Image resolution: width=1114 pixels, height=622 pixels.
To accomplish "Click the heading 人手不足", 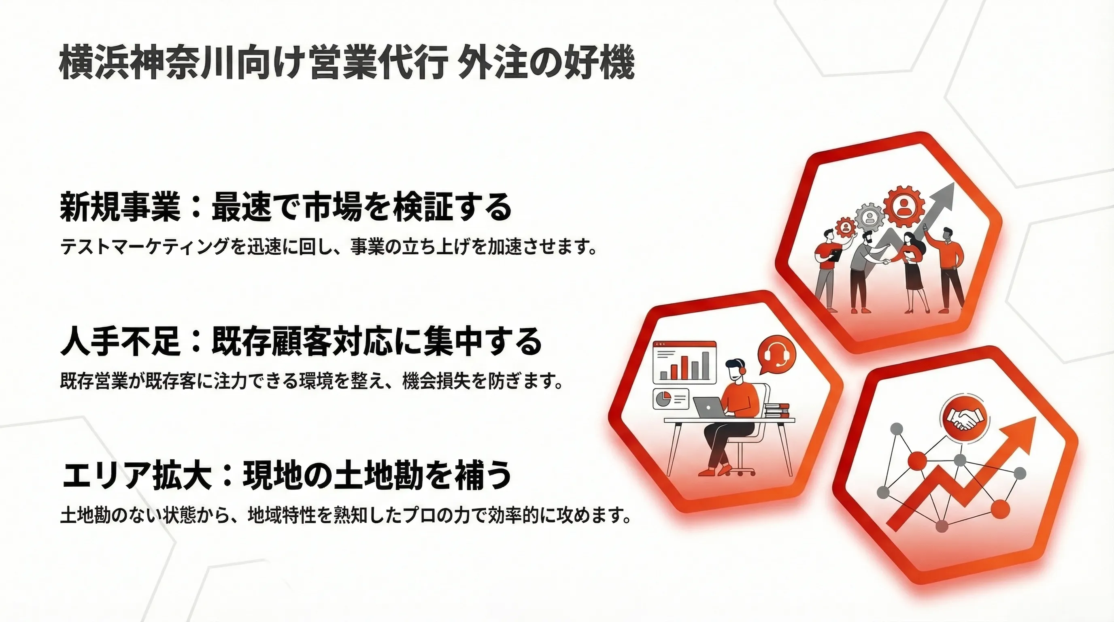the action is (120, 341).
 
